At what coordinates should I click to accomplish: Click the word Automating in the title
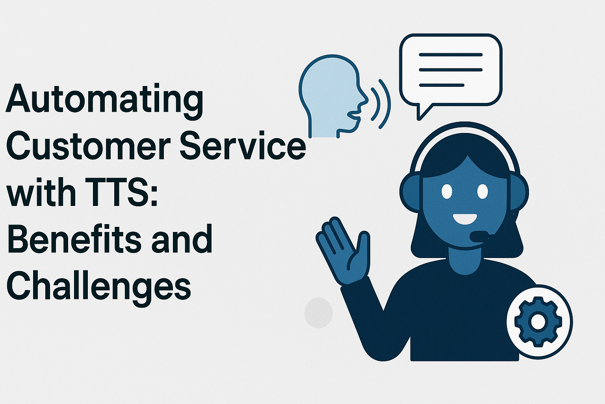coord(104,102)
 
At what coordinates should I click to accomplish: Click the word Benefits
coord(74,238)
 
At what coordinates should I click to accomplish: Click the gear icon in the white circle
coord(538,322)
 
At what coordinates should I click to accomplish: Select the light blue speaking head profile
coord(333,96)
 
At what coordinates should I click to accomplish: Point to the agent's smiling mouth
coord(464,219)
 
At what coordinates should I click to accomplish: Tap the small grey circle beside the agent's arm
coord(318,313)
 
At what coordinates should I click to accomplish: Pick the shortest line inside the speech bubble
coord(442,85)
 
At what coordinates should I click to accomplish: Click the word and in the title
coord(182,238)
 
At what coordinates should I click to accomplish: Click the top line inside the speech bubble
coord(451,55)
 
